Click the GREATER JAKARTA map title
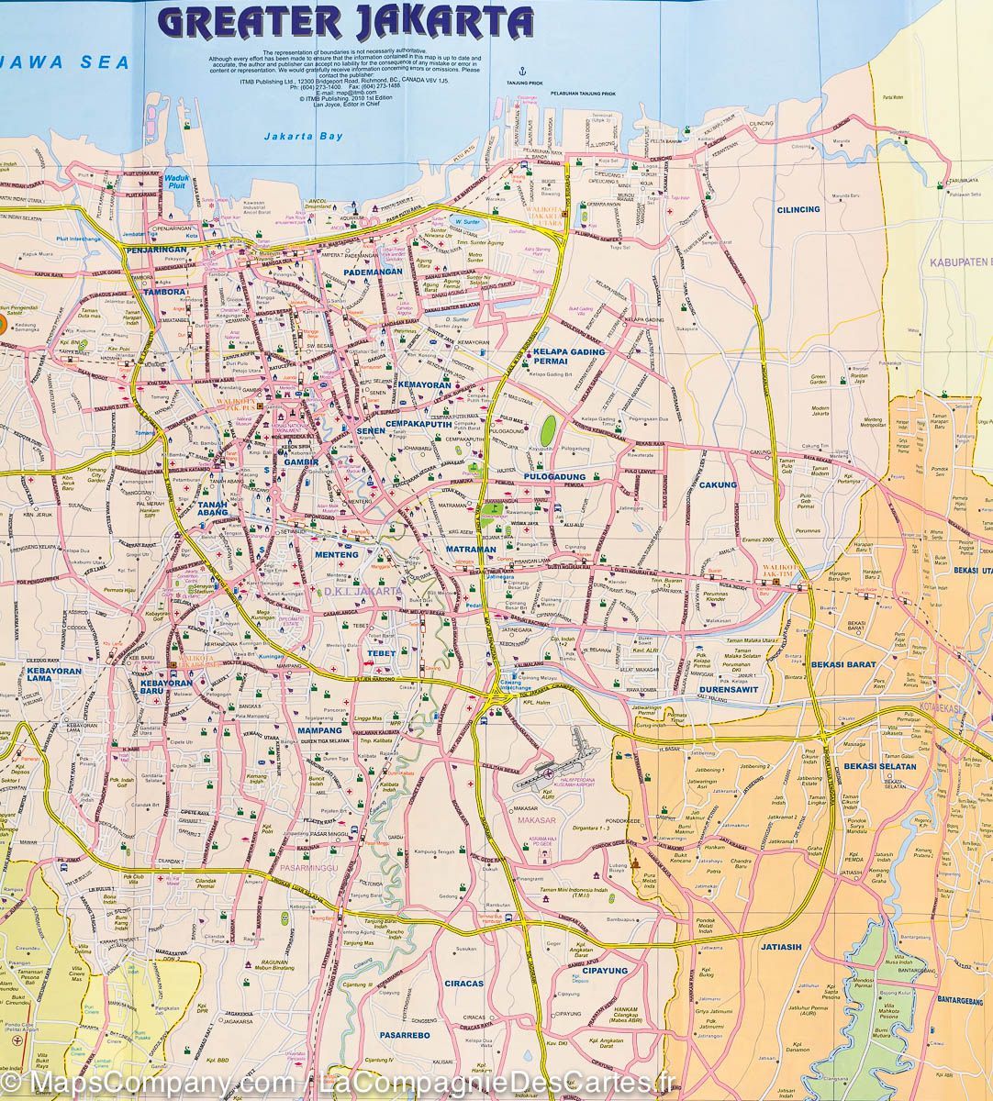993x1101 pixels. coord(345,22)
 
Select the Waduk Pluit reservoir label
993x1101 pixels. coord(176,183)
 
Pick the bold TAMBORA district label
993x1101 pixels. coord(164,293)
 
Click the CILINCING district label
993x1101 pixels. coord(798,210)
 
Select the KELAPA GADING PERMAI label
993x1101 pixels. coord(569,357)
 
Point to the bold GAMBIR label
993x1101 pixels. coord(300,462)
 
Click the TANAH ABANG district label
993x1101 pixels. coord(218,510)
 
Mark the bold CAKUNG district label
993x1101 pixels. coord(717,485)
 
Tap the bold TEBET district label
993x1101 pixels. coord(381,654)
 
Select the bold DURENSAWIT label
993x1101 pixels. coord(729,689)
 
